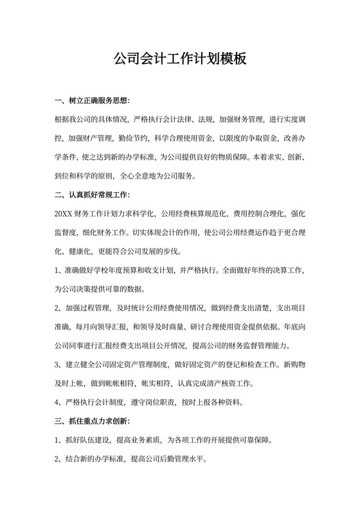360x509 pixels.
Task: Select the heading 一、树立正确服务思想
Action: coord(93,101)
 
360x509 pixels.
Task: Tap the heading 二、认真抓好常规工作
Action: coord(93,193)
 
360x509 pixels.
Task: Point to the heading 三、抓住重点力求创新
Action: coord(93,422)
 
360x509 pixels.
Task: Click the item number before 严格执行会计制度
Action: coord(58,403)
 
